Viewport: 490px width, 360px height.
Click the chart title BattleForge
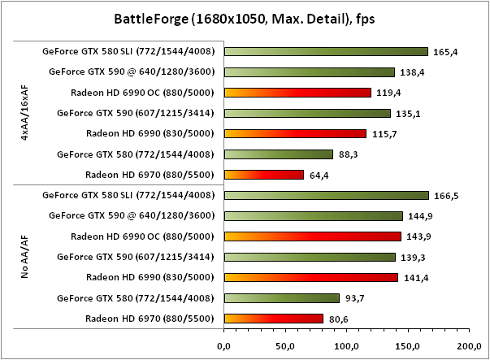(244, 17)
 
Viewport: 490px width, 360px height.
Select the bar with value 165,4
(326, 51)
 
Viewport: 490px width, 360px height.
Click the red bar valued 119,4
(297, 93)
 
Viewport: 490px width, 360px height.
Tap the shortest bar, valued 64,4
(263, 174)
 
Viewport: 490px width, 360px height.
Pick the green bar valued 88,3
(278, 154)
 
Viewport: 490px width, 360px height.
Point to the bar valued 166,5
(326, 195)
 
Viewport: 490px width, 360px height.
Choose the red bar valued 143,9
(312, 236)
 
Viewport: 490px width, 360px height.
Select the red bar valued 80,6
(273, 319)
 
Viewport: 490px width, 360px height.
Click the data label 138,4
(413, 72)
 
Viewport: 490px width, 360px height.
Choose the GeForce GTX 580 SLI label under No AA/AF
(128, 195)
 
